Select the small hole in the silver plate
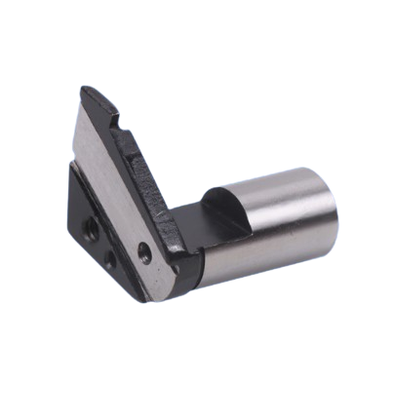pos(144,251)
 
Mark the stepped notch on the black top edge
pos(125,127)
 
